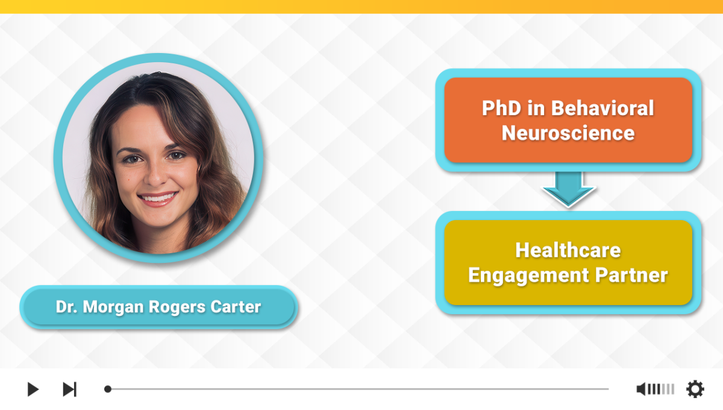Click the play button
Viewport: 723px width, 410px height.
click(33, 389)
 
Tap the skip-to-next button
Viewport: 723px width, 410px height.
click(69, 389)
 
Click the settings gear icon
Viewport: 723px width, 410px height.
click(695, 389)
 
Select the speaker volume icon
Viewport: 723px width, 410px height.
click(641, 389)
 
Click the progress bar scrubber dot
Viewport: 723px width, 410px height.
click(108, 389)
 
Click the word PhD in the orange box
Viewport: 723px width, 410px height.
click(501, 108)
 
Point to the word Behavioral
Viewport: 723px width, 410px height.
click(602, 108)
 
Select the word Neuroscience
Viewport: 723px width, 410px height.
click(568, 133)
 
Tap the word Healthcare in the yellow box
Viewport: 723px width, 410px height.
click(568, 250)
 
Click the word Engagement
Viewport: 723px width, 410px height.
click(529, 276)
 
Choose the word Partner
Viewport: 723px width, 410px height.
click(631, 276)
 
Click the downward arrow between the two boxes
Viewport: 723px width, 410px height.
click(568, 189)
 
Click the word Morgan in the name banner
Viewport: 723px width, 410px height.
click(113, 307)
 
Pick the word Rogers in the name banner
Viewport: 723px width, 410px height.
click(177, 307)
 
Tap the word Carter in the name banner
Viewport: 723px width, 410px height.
click(236, 307)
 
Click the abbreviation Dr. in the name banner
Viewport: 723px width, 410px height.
click(66, 307)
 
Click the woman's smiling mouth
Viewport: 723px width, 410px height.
click(157, 197)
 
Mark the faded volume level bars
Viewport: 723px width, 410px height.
click(668, 389)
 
